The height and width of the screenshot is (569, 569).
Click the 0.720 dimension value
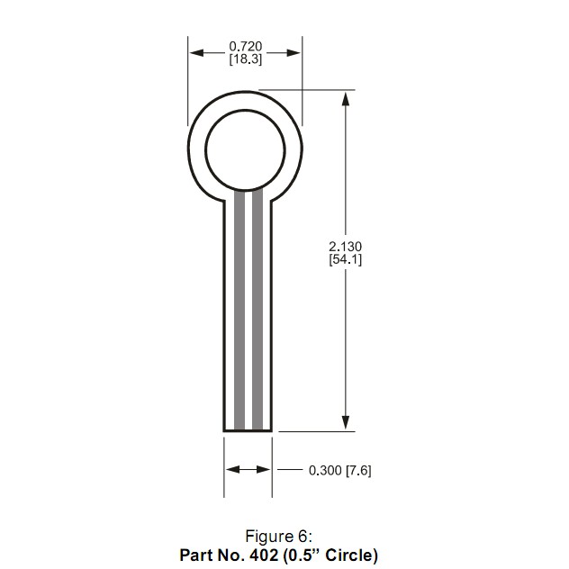[245, 46]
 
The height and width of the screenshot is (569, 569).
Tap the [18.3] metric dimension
[245, 59]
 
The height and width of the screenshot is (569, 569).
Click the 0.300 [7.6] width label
[339, 470]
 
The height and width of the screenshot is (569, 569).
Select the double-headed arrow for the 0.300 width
[248, 470]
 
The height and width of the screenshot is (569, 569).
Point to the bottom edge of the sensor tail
[248, 431]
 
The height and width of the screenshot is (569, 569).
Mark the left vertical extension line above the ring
[189, 81]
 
